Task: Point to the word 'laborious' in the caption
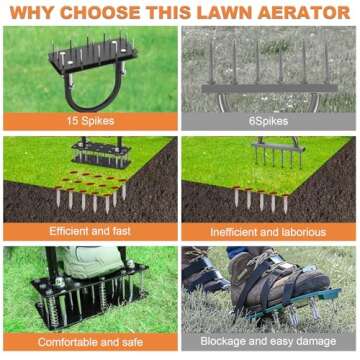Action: pos(300,231)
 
